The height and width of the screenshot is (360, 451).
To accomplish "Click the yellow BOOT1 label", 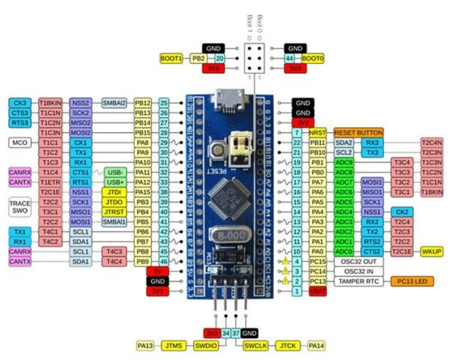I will (x=173, y=58).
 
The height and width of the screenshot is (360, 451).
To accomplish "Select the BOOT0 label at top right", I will (x=312, y=58).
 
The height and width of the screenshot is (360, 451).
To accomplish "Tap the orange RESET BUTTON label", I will (x=359, y=132).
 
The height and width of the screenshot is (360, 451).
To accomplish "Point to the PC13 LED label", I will (x=412, y=281).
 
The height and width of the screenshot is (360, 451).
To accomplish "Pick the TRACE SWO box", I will (x=19, y=207).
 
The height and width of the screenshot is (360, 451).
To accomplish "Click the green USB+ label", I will (x=114, y=182).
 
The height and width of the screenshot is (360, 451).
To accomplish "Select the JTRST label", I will (x=114, y=212).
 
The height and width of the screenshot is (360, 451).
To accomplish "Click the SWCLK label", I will (x=252, y=346).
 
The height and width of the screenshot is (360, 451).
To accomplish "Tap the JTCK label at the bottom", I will (x=287, y=346).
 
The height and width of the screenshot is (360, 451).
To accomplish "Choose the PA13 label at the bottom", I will (x=144, y=346).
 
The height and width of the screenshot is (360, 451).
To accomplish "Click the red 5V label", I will (x=157, y=271).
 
